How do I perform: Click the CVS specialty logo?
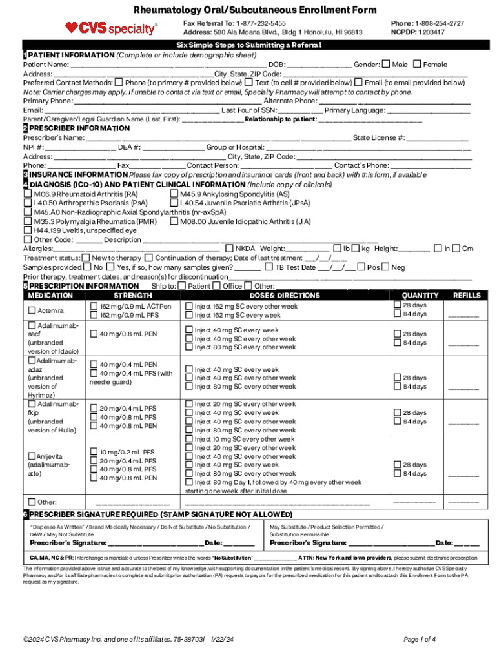click(x=111, y=28)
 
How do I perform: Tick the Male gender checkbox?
click(x=386, y=64)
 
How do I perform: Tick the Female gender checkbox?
click(x=417, y=64)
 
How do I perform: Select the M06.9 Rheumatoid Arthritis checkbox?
click(x=28, y=194)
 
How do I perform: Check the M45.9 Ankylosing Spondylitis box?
click(x=174, y=194)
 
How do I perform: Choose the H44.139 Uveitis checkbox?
click(x=28, y=230)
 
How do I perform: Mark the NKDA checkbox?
click(x=229, y=248)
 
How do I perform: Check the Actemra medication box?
click(x=32, y=310)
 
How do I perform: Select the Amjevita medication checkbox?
click(x=32, y=456)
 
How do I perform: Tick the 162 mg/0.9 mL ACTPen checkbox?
click(x=94, y=306)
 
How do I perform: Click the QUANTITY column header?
click(x=419, y=295)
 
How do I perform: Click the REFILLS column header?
click(x=467, y=295)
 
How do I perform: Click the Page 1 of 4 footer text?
click(x=420, y=639)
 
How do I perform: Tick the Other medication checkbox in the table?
click(x=32, y=502)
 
